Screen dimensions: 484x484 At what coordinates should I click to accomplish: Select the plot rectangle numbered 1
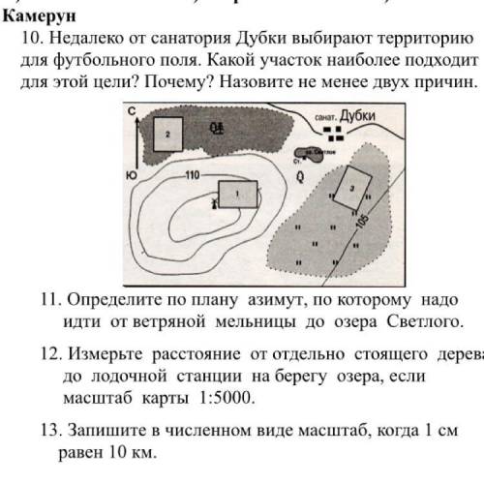click(237, 194)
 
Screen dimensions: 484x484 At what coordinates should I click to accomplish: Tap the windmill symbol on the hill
click(215, 202)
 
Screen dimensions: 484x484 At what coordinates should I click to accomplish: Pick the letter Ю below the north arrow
click(130, 176)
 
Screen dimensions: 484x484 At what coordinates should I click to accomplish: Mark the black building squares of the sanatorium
click(334, 131)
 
